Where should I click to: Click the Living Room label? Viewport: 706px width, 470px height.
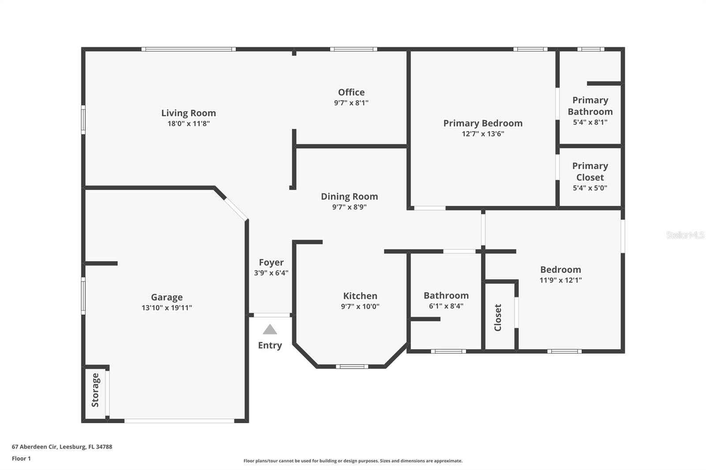click(188, 113)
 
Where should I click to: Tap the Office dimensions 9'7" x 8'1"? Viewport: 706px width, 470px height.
click(351, 103)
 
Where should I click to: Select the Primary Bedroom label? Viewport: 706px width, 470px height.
click(483, 123)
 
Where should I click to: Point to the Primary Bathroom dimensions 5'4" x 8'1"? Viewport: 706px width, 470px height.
click(590, 123)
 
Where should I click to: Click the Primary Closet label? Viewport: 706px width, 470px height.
click(590, 172)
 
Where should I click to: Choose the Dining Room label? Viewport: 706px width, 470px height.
click(349, 197)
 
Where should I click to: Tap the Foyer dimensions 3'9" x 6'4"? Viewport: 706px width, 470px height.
click(271, 273)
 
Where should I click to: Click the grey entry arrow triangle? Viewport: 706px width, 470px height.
click(270, 330)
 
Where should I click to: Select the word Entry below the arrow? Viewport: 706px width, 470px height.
click(270, 345)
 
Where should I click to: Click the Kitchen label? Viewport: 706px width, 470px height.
click(360, 296)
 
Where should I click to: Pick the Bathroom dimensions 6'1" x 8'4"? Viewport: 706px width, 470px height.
click(446, 306)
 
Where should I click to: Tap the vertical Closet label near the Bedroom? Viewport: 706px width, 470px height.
click(498, 317)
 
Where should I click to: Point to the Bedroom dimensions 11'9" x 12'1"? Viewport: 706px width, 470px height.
click(560, 280)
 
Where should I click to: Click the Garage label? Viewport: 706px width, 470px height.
click(166, 298)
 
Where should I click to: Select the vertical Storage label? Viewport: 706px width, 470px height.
click(95, 390)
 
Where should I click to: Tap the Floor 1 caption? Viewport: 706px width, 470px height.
click(21, 459)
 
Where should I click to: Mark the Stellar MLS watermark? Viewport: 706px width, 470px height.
click(685, 235)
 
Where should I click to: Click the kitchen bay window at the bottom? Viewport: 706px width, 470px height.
click(352, 366)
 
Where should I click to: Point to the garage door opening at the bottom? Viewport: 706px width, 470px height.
click(179, 421)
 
